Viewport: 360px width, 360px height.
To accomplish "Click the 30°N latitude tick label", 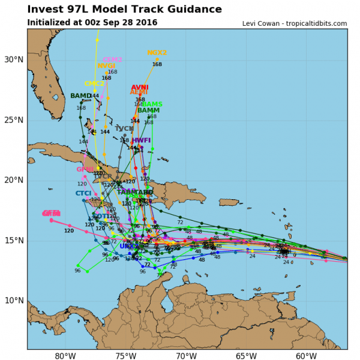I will click(13, 59).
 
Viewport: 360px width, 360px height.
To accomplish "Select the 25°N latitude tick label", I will click(13, 120).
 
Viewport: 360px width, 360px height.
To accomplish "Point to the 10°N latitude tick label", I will click(13, 301).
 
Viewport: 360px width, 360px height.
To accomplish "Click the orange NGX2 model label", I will click(157, 53).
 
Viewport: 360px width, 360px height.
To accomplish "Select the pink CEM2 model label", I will click(112, 60).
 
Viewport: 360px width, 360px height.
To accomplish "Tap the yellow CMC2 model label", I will click(94, 84).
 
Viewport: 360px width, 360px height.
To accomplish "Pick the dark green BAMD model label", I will click(81, 96).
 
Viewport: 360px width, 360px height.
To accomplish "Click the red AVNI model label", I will click(139, 88).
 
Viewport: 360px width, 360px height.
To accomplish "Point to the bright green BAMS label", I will click(152, 104).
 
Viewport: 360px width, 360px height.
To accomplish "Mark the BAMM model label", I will click(148, 110).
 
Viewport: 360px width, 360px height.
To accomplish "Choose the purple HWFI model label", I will click(141, 140).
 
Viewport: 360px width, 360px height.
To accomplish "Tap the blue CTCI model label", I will click(83, 193).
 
